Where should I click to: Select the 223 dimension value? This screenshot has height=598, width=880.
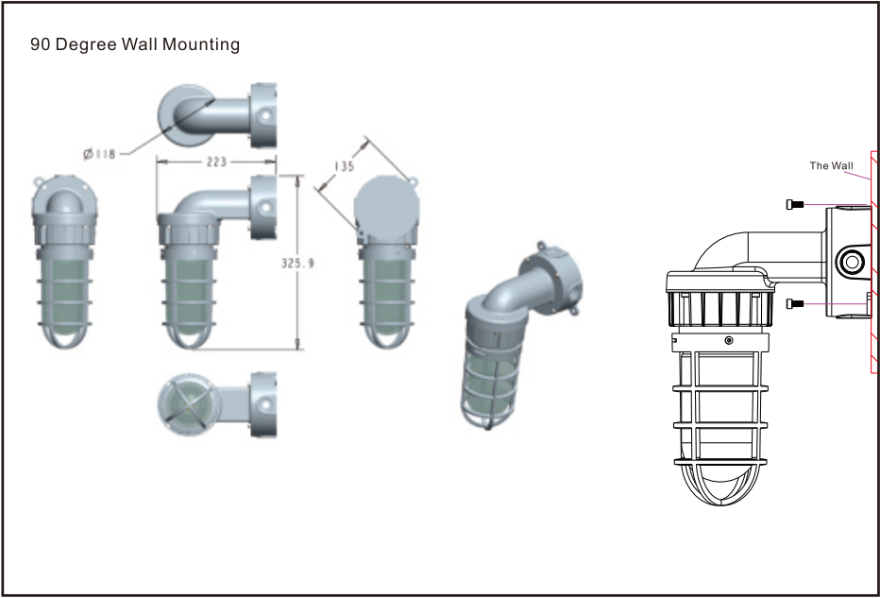pos(216,162)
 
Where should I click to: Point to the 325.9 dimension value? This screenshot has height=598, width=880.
pos(297,263)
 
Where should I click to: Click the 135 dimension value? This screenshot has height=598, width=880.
pos(344,166)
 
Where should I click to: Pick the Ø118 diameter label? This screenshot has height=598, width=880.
pos(99,153)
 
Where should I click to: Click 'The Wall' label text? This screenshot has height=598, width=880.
pos(831,165)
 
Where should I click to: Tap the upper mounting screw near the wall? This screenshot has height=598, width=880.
pos(795,204)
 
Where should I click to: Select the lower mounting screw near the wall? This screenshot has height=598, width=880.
pos(795,304)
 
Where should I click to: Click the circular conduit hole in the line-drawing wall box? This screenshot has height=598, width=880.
pos(852,262)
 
